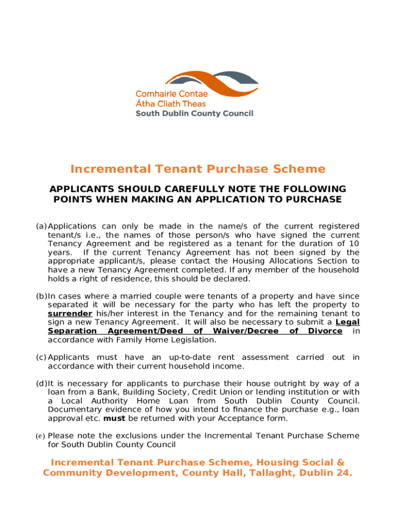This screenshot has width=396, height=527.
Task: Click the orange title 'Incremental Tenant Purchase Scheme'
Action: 198,169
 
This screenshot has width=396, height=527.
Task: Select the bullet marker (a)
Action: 41,226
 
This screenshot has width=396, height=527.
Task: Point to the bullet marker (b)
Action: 41,296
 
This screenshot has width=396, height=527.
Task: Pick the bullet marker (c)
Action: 41,357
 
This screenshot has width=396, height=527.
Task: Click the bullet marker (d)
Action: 41,383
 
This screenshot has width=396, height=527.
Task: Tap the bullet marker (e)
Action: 40,436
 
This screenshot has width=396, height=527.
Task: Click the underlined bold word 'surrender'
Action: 70,313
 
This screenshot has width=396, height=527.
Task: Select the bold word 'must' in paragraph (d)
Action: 111,418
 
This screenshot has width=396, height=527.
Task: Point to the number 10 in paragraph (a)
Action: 354,243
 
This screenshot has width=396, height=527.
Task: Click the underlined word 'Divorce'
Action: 325,331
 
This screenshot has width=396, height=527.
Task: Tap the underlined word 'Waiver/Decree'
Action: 246,331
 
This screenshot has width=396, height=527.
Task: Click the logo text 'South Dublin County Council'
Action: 194,113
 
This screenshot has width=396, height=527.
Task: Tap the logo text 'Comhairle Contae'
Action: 171,94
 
